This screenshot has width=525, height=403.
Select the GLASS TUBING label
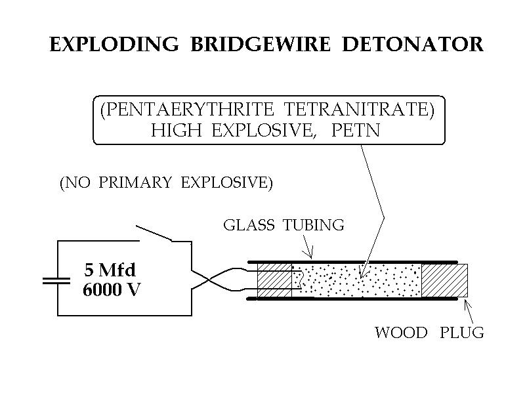click(283, 225)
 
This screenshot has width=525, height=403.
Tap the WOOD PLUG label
click(429, 332)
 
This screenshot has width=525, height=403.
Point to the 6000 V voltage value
click(112, 289)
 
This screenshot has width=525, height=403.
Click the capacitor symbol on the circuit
click(56, 280)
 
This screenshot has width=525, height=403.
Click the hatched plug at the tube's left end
click(274, 280)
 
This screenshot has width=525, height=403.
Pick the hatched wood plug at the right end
click(444, 280)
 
